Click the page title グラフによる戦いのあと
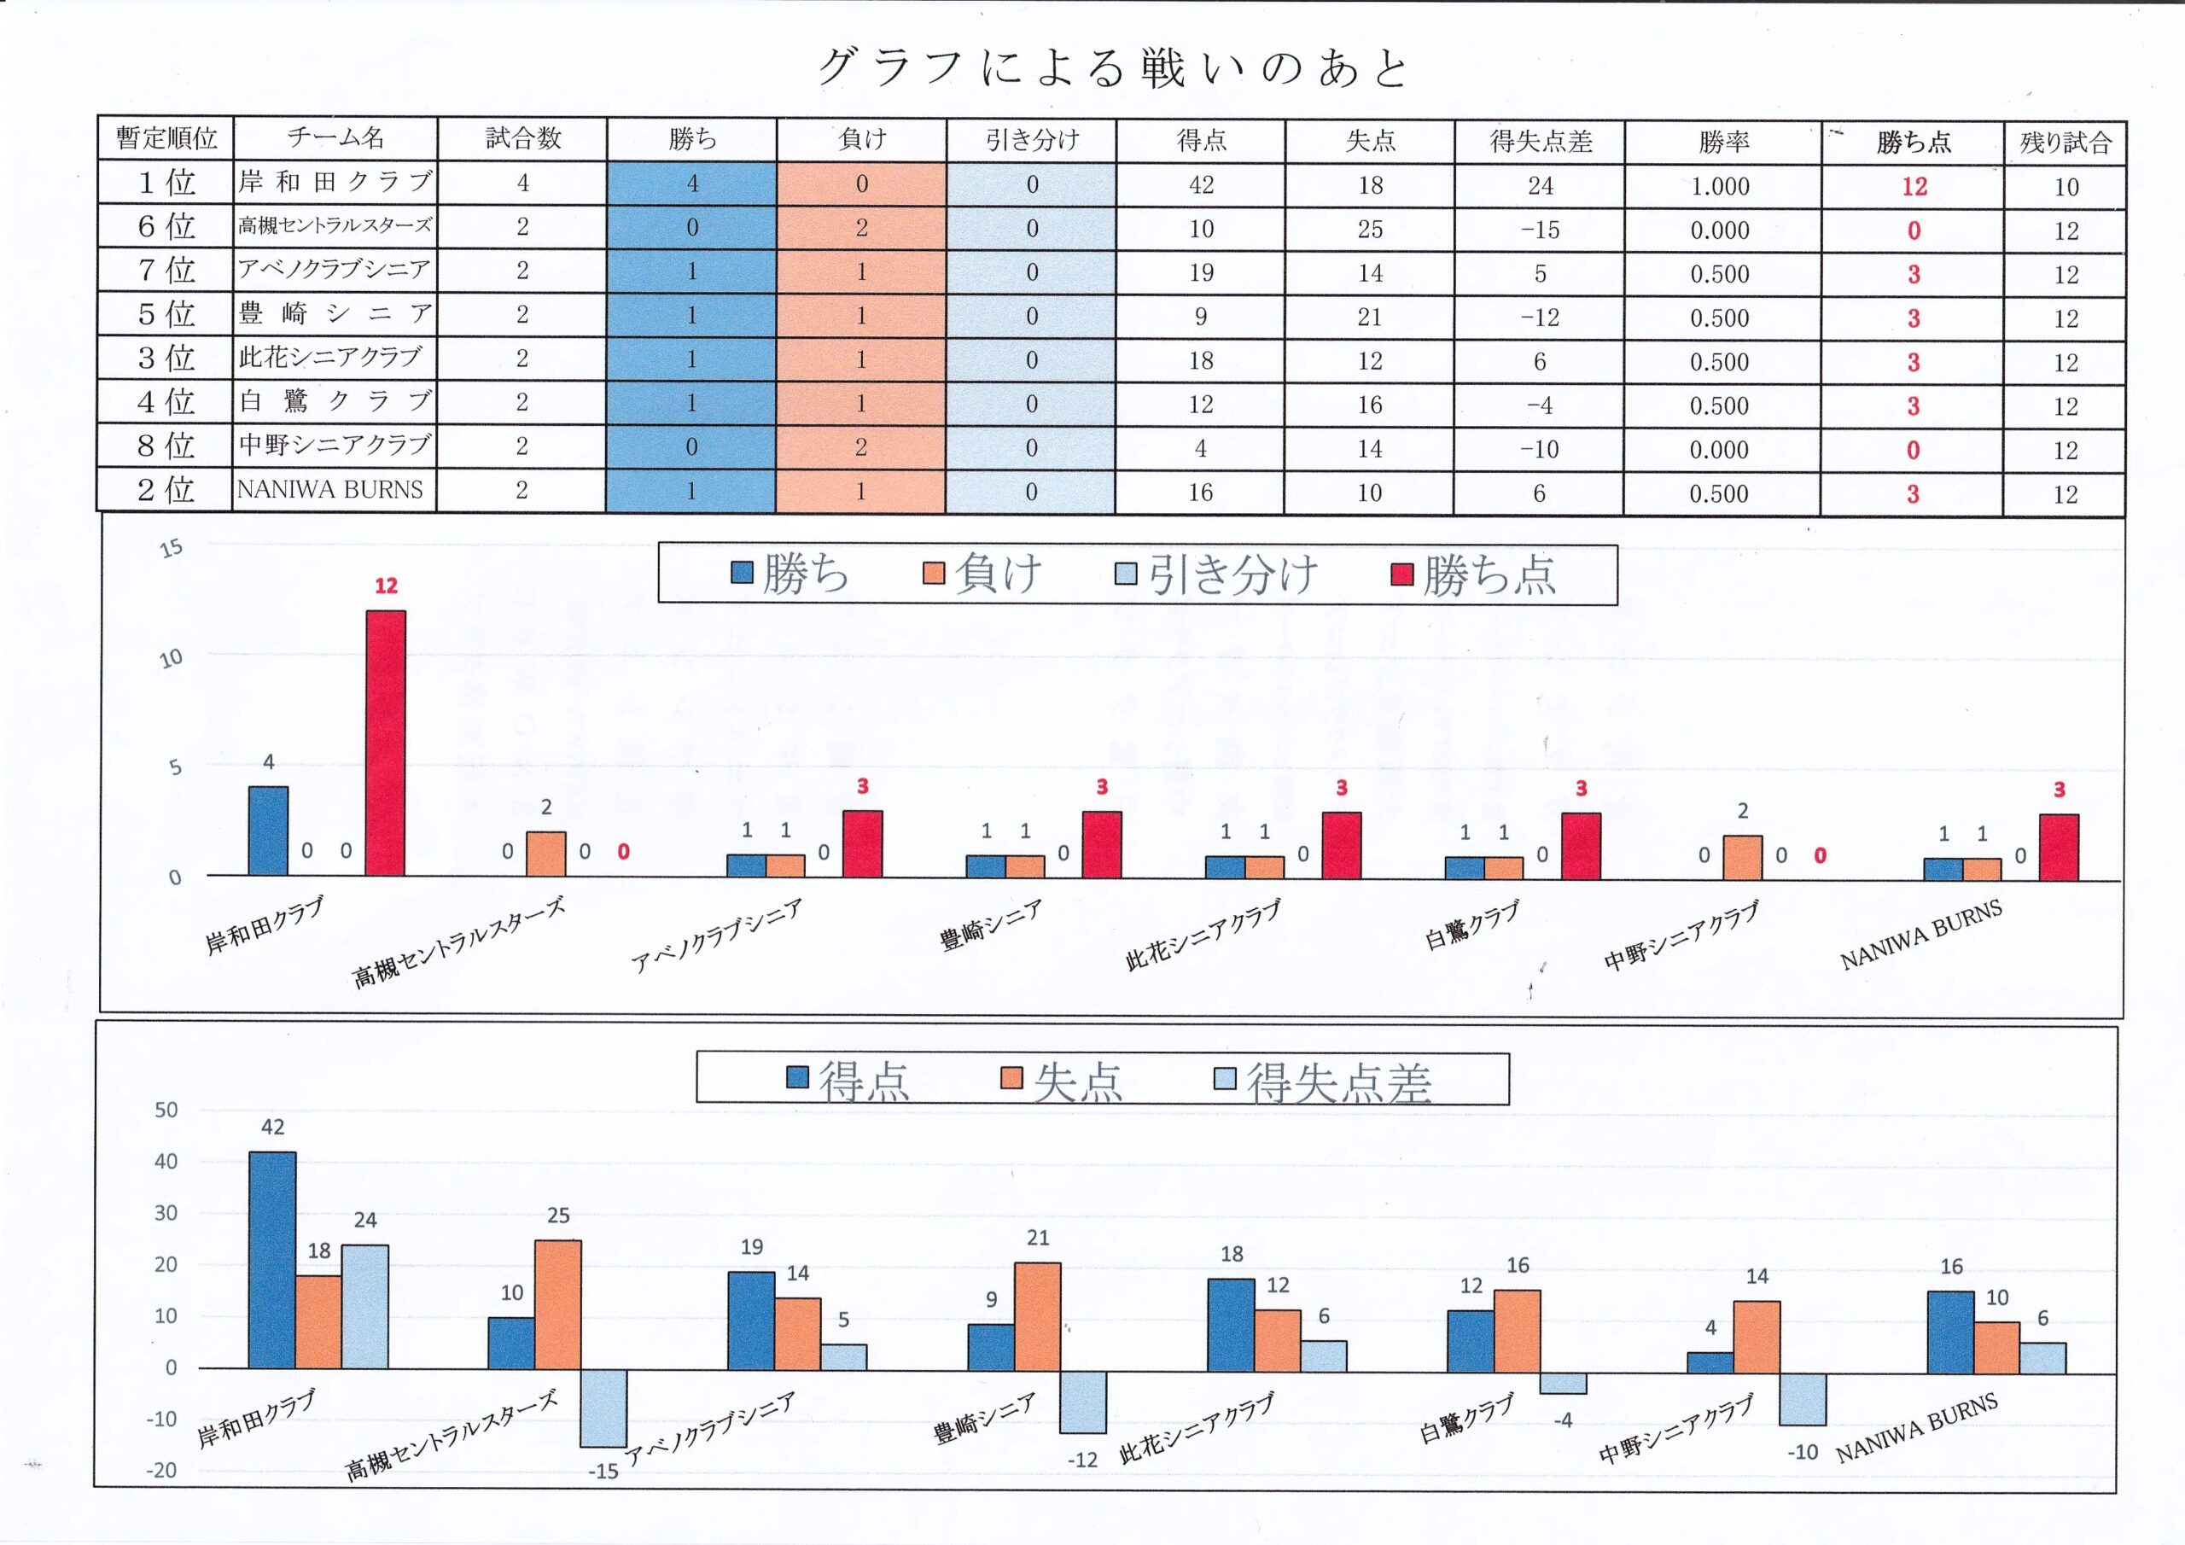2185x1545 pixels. (x=1111, y=68)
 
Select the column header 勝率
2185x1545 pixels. (x=1722, y=142)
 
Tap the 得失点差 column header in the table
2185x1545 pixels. (x=1540, y=142)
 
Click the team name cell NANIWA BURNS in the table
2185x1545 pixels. (x=330, y=490)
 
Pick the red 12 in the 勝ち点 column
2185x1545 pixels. (x=1914, y=187)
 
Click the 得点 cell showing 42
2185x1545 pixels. (x=1201, y=185)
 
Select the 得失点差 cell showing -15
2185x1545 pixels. (x=1540, y=230)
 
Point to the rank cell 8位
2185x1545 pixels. (x=166, y=446)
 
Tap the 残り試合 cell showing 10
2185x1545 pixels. (x=2066, y=188)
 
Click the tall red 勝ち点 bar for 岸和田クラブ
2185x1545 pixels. (x=386, y=743)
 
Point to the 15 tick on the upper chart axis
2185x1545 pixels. (x=172, y=548)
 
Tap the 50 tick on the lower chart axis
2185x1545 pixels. (x=166, y=1110)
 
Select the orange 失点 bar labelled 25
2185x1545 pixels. (x=557, y=1304)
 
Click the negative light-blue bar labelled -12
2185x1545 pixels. (x=1083, y=1402)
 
